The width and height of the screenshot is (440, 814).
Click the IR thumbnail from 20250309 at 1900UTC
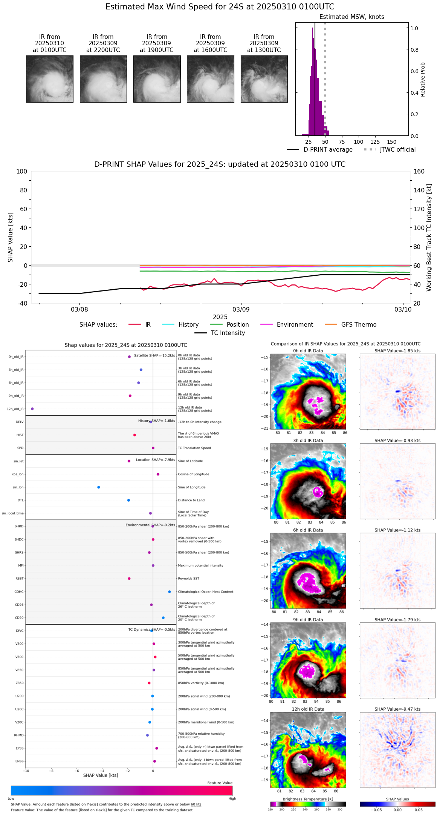157,79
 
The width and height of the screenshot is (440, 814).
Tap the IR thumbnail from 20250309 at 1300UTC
264,79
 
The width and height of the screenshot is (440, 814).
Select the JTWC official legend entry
397,150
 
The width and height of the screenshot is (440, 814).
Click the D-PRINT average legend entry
328,150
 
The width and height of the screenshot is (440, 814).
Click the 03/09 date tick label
241,309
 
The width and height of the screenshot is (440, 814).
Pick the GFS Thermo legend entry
359,325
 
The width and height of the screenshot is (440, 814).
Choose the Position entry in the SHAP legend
237,325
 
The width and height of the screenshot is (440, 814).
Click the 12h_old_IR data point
32,409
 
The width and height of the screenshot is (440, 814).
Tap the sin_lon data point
99,487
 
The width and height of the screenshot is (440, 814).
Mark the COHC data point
170,591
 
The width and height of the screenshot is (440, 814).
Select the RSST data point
129,578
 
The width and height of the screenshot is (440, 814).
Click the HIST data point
134,435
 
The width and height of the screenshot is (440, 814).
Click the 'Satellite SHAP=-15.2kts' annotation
154,355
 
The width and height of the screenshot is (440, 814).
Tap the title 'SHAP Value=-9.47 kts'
397,709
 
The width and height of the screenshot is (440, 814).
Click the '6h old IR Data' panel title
308,530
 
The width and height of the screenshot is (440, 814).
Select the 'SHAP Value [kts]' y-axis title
11,237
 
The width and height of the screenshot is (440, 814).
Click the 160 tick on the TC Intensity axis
419,171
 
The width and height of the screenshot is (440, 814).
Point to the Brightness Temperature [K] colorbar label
308,799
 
